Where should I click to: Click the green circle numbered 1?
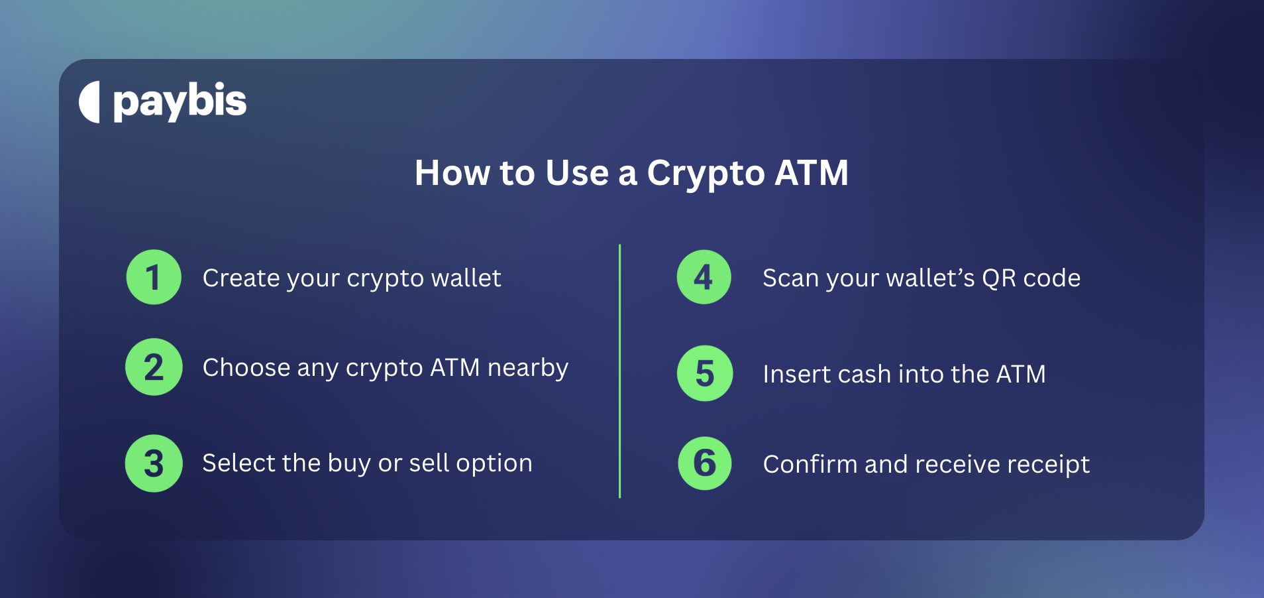tap(154, 277)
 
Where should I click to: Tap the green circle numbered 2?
tap(154, 367)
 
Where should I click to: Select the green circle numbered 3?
tap(154, 463)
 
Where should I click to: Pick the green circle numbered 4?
tap(704, 277)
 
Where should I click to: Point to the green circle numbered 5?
tap(705, 373)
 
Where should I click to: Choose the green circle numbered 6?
tap(705, 463)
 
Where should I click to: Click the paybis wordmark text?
tap(180, 102)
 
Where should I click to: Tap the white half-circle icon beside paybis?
tap(90, 102)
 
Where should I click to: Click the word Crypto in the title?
tap(706, 174)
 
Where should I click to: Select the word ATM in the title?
tap(812, 173)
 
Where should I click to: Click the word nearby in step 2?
tap(528, 368)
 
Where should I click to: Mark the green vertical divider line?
tap(619, 371)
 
